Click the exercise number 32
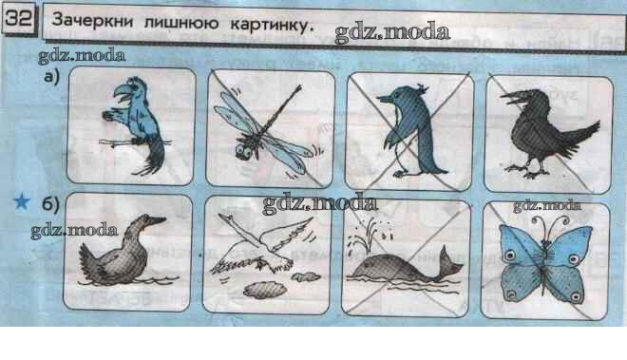tap(19, 18)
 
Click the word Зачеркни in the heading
tap(92, 20)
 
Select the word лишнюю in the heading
tap(181, 22)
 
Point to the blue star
tap(22, 201)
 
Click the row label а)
tap(51, 76)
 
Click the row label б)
tap(50, 204)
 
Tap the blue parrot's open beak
tap(122, 95)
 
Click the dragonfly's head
tap(242, 151)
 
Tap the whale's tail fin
tap(451, 263)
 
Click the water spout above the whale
tap(365, 236)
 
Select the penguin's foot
tap(400, 174)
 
